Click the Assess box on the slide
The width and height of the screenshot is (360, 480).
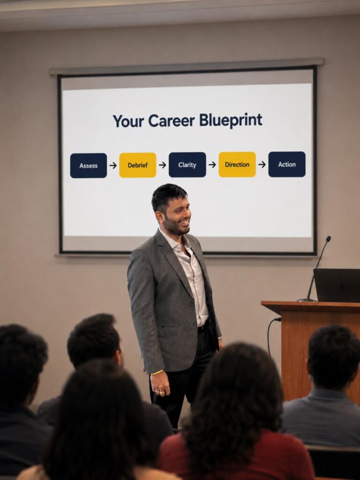coord(89,165)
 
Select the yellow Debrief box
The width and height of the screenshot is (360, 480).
coord(138,165)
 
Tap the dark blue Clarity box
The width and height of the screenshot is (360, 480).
coord(187,165)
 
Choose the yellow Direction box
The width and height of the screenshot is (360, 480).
coord(237,165)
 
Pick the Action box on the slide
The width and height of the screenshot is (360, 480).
coord(287,164)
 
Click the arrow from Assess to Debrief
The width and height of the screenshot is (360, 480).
coord(113,165)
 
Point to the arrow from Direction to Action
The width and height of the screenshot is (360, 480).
coord(262,165)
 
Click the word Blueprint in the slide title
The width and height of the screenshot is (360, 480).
coord(231,120)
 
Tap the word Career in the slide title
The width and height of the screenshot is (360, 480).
coord(172,121)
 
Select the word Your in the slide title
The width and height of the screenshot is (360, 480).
coord(128,121)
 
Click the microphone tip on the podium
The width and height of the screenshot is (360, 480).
coord(329,239)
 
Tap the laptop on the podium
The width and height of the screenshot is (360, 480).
coord(337,285)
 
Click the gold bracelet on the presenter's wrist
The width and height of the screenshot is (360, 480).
coord(157,373)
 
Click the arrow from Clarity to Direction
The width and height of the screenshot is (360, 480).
coord(212,165)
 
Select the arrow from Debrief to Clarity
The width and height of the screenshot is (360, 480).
coord(163,165)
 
